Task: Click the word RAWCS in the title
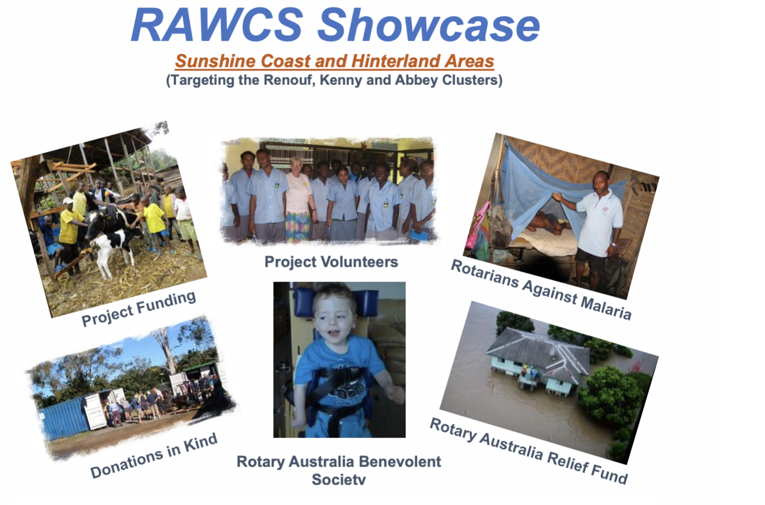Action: pos(217,25)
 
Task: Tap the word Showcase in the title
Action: pos(429,25)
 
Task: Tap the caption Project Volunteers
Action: pos(331,262)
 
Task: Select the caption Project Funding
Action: pos(138,308)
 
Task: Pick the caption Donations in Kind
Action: pos(154,455)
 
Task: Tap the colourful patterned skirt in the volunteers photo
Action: pos(298,227)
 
